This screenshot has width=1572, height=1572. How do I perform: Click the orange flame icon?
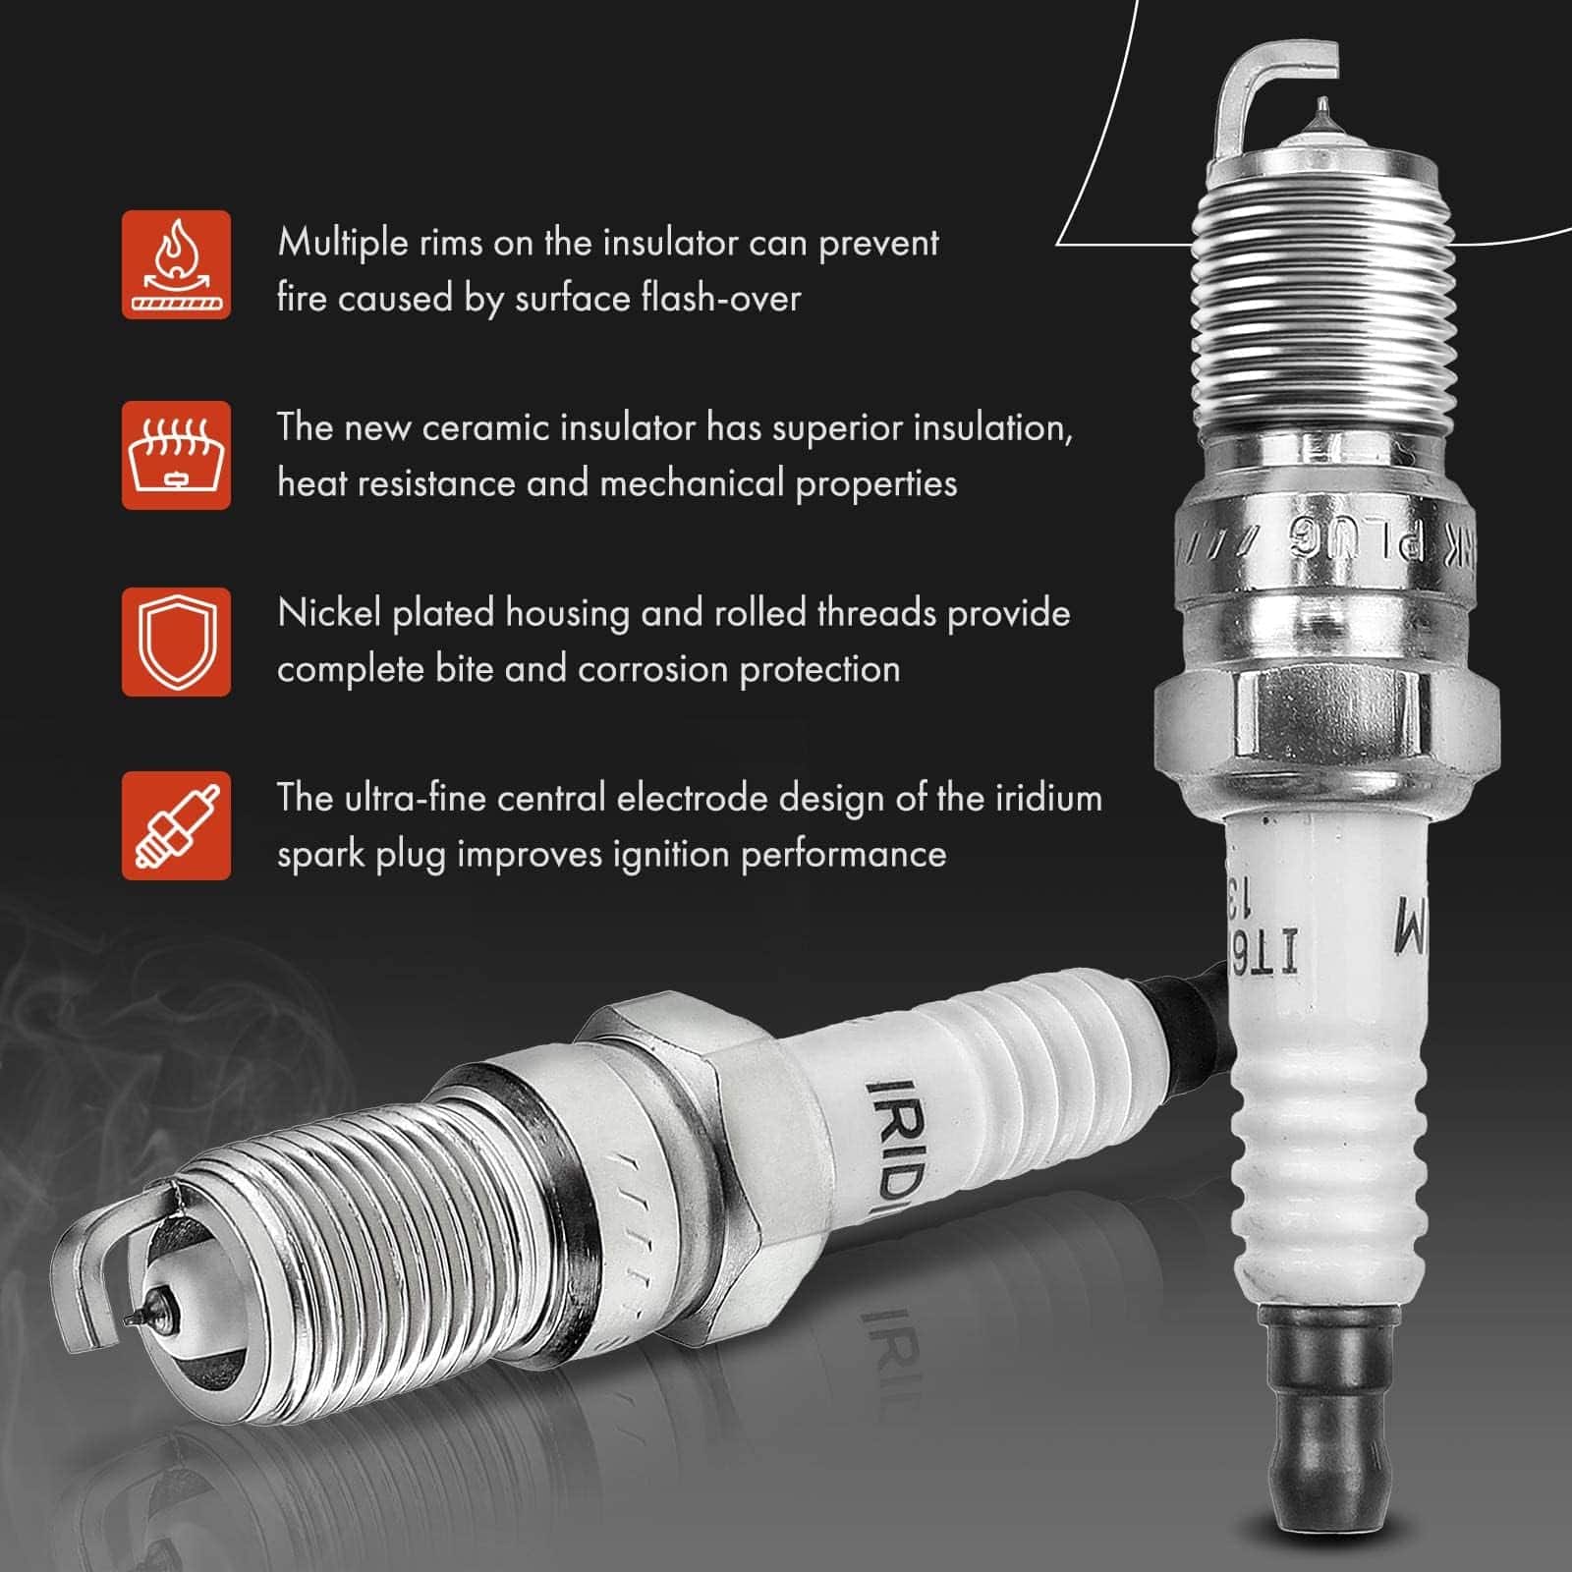tap(176, 264)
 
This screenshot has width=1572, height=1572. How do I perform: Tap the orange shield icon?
tap(176, 642)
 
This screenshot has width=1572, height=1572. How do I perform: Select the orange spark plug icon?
tap(176, 825)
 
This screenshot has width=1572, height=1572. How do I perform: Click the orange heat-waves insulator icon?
tap(176, 455)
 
